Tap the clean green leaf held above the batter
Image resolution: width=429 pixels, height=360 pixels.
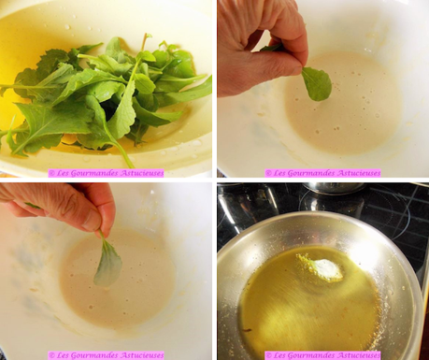coord(317,84)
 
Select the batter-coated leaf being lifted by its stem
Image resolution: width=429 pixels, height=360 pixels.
coord(107,261)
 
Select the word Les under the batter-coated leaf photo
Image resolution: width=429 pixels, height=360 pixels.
coord(62,355)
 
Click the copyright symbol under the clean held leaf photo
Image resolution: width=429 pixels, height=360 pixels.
coord(268,173)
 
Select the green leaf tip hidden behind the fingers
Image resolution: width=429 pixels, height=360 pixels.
coord(271,48)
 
